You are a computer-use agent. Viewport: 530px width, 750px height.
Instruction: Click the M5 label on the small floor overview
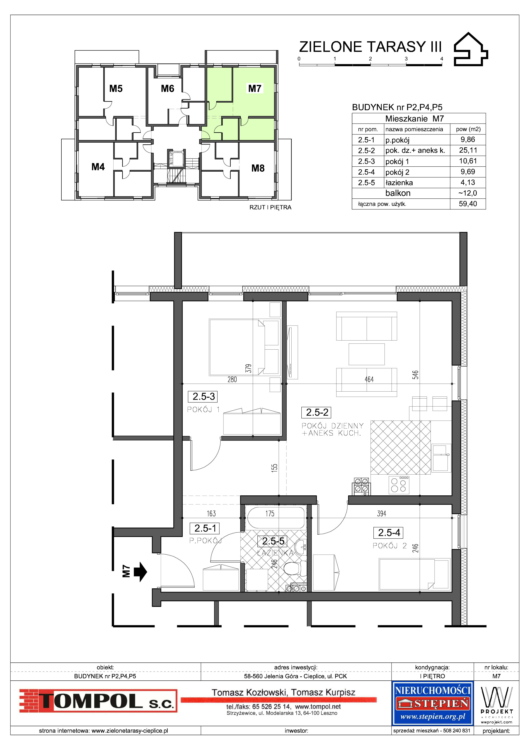click(x=116, y=88)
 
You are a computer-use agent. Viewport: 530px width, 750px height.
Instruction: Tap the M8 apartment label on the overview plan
click(x=258, y=168)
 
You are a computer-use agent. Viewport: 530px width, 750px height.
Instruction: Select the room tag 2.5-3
click(x=203, y=397)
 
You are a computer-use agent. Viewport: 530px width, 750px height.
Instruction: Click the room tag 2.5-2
click(x=317, y=413)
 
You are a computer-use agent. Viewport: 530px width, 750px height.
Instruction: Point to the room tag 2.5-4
click(x=389, y=533)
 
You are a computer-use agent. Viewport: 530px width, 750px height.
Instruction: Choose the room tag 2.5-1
click(x=205, y=528)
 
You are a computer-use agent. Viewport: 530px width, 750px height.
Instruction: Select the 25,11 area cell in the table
click(x=468, y=150)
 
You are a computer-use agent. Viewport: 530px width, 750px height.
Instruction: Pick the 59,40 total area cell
click(x=468, y=204)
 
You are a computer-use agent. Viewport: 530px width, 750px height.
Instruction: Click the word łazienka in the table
click(x=399, y=183)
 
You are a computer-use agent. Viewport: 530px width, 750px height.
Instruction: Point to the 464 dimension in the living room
click(x=369, y=379)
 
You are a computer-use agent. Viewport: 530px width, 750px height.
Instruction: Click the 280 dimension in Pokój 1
click(x=232, y=379)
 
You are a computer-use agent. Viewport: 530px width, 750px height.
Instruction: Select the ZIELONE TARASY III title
click(x=370, y=47)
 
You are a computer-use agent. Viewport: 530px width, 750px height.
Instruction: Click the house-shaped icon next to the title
click(x=471, y=49)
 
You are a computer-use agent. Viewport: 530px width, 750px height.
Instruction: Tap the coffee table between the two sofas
click(x=366, y=354)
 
